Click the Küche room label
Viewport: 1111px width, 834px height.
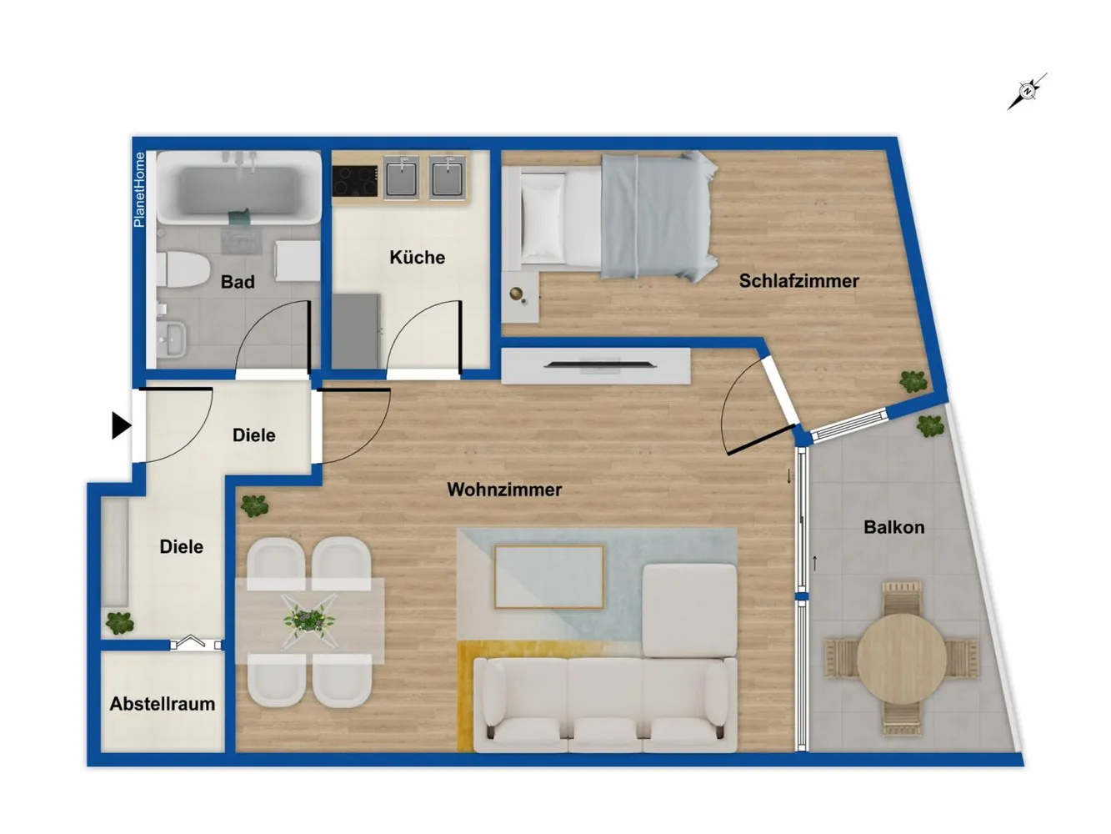coord(417,257)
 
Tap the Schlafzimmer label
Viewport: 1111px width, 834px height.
coord(798,281)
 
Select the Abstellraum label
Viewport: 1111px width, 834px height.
coord(163,704)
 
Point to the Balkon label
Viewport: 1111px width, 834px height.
coord(893,527)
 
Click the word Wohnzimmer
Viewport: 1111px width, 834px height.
coord(504,490)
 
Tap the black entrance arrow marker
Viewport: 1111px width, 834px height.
coord(122,425)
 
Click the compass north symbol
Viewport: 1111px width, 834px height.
coord(1027,92)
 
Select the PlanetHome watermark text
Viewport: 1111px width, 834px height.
coord(138,189)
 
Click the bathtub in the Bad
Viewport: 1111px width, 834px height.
coord(239,188)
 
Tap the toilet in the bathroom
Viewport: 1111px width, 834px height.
coord(183,270)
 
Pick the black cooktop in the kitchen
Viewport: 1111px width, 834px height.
coord(355,181)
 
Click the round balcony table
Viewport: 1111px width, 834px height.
coord(902,658)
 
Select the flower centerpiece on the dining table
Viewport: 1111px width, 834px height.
coord(309,620)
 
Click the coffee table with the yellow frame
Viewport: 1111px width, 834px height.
coord(549,577)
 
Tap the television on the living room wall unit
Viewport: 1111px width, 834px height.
coord(600,364)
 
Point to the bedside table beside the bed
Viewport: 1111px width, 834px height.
coord(520,296)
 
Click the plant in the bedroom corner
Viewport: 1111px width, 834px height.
coord(913,381)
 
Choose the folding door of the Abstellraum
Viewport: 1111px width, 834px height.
coord(196,642)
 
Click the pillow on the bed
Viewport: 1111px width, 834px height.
coord(543,218)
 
